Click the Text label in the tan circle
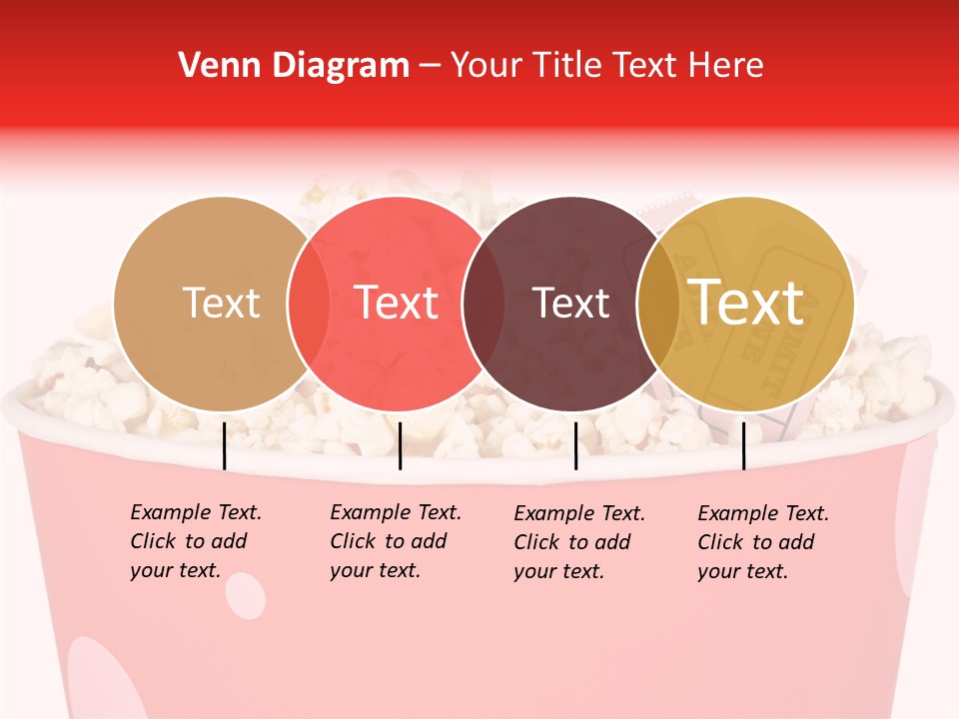(221, 303)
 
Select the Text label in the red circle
(397, 303)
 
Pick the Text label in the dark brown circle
(571, 303)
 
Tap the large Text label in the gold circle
(746, 303)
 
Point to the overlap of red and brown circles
(483, 304)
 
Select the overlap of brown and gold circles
(657, 304)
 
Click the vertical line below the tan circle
(225, 445)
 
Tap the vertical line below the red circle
(400, 445)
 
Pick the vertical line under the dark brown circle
(575, 445)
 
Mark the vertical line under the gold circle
(743, 445)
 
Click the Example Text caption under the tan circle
(196, 541)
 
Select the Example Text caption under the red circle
(396, 541)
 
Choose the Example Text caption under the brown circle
(579, 542)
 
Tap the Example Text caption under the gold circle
(763, 542)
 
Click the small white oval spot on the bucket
(246, 595)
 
